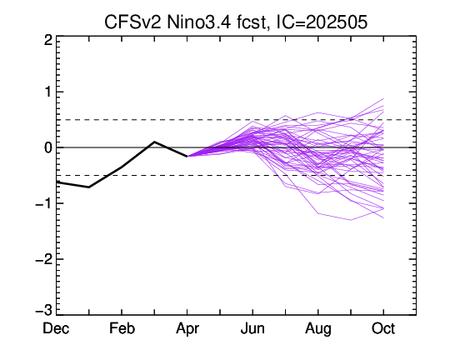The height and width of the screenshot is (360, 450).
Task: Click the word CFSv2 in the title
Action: coord(132,22)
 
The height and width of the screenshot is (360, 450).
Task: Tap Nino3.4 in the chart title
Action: coord(198,22)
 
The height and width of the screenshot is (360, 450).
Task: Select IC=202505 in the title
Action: coord(322,22)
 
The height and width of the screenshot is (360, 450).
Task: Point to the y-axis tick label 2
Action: coord(48,40)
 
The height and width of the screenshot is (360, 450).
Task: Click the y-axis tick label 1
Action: coord(49,92)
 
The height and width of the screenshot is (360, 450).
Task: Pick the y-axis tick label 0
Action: coord(48,147)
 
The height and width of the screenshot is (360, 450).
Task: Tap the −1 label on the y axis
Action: coord(44,203)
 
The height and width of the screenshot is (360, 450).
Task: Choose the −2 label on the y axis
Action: coord(44,259)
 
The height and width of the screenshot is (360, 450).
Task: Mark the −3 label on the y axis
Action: coord(44,310)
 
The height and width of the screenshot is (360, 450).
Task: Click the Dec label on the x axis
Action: coord(56,328)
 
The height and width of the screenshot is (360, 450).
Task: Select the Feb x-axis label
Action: coord(122,328)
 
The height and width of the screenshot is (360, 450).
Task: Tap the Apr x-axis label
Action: coord(187,329)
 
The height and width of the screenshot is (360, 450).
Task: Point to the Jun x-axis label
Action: coord(252,328)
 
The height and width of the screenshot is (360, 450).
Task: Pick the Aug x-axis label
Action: coord(318,329)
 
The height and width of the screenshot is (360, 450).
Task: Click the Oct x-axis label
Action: coord(383,328)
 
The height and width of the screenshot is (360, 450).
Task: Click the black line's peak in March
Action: coord(154,142)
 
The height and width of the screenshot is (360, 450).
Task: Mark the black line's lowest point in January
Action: coord(89,187)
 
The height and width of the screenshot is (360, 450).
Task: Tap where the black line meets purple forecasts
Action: coord(187,157)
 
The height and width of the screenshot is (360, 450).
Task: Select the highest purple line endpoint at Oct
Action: coord(383,99)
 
